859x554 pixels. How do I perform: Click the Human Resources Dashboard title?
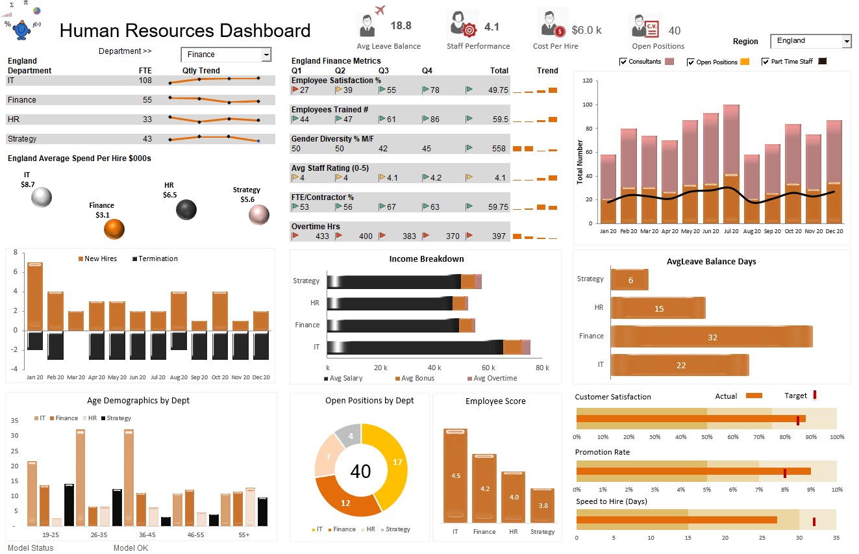pos(185,31)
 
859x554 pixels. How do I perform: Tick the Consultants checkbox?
pos(623,62)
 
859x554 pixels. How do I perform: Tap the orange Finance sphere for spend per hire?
pos(114,229)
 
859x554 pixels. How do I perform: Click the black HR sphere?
pos(186,210)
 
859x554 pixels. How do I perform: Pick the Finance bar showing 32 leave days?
pos(712,336)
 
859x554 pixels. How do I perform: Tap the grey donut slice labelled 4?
pos(349,436)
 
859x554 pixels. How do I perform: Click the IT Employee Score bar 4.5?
pos(456,475)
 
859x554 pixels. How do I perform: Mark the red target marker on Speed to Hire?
pos(814,521)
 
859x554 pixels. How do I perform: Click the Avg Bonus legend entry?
pos(414,378)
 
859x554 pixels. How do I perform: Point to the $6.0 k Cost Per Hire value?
pos(586,31)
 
